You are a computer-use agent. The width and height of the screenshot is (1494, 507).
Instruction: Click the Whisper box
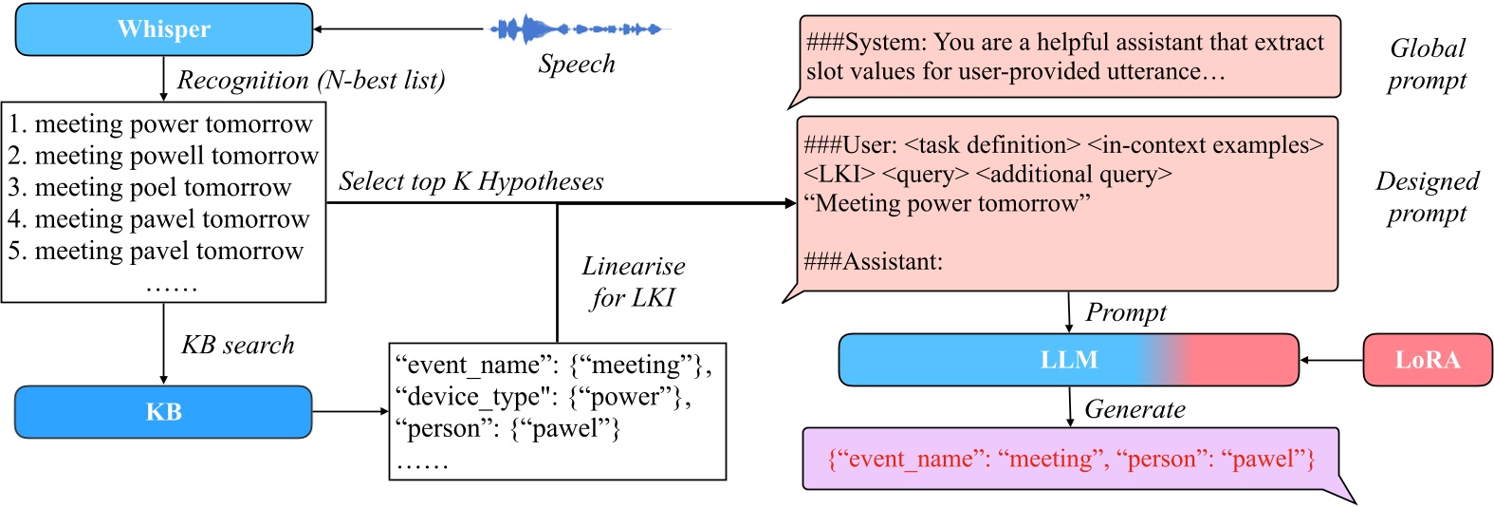point(163,29)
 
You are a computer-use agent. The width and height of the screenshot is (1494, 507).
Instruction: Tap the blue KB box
point(163,412)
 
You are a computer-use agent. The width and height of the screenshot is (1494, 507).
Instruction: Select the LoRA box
point(1427,360)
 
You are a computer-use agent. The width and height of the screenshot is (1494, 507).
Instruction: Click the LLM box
point(1068,360)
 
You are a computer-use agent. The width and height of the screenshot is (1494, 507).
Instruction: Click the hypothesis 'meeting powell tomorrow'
point(163,156)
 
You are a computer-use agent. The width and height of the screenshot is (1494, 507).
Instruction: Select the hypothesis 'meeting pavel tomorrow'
point(157,251)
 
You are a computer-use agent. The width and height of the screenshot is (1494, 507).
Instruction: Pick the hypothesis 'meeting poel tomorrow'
point(150,187)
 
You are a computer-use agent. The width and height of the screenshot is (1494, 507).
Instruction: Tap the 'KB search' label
point(238,345)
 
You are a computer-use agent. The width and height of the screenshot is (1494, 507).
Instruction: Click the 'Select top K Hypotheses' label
point(471,181)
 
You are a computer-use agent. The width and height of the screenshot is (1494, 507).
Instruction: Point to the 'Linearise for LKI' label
point(633,282)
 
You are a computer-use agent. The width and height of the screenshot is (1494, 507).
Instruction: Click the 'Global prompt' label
point(1427,65)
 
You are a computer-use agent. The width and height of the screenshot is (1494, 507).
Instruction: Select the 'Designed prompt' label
point(1427,197)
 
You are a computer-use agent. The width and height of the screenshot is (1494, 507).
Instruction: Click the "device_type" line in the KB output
point(543,397)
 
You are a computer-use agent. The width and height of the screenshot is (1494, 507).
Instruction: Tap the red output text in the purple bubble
point(1071,460)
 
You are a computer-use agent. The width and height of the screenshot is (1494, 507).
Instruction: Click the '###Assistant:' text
point(873,262)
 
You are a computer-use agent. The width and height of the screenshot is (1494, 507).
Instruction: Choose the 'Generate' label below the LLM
point(1134,409)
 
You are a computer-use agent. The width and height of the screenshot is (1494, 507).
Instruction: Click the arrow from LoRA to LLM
point(1331,360)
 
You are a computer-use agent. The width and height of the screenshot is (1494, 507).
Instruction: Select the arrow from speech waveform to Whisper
point(398,29)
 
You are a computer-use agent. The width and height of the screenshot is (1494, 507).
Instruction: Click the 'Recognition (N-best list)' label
point(311,81)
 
